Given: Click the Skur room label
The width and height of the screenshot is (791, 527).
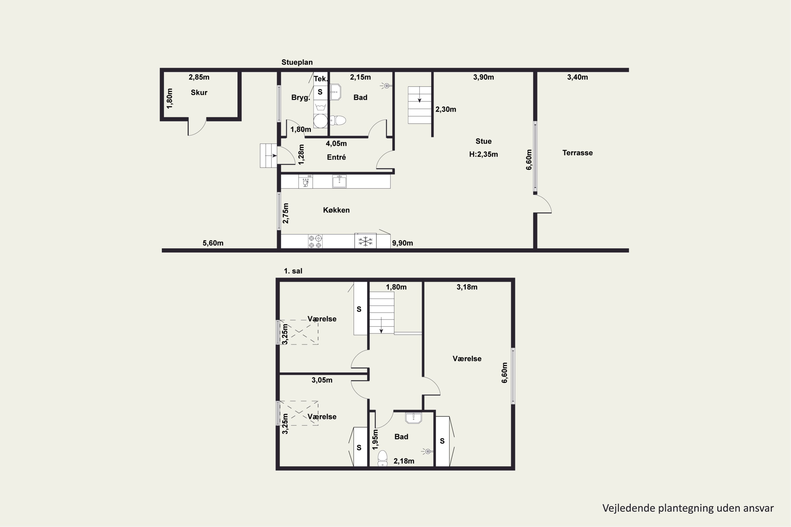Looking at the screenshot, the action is pos(199,92).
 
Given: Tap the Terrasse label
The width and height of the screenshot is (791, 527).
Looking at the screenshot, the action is pos(577,153).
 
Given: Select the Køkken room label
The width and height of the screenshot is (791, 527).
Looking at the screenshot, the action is pos(336,210).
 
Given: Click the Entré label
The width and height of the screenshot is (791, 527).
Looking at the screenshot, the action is pos(336,157).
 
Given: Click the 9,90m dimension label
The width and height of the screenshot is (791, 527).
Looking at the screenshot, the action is pos(403,243).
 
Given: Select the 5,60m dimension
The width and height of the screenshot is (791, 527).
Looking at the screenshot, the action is pos(213,243).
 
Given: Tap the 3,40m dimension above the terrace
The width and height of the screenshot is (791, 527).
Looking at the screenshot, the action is pos(577,77).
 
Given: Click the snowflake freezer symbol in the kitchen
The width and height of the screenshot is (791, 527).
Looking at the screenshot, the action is pos(365,241).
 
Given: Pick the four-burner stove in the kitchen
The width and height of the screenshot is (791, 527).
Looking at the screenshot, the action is pos(315,241).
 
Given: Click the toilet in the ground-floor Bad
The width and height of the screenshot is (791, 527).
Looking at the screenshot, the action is pos(338,120).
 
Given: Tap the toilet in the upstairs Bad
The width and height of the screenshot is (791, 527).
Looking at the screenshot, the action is pos(382,458).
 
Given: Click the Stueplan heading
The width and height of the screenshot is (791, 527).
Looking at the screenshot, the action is pos(297,62).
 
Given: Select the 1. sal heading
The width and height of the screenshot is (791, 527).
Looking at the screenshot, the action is pos(293,271).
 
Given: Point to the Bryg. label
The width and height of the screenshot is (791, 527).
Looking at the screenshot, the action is pos(301,97).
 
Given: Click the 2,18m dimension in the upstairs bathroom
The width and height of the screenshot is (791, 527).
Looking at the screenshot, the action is pos(404,461).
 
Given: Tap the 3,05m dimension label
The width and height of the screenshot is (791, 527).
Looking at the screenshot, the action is pos(322,380).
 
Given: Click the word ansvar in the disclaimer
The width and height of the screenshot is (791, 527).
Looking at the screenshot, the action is pos(759,508).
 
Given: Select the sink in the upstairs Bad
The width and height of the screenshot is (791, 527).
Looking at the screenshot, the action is pos(413,418).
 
